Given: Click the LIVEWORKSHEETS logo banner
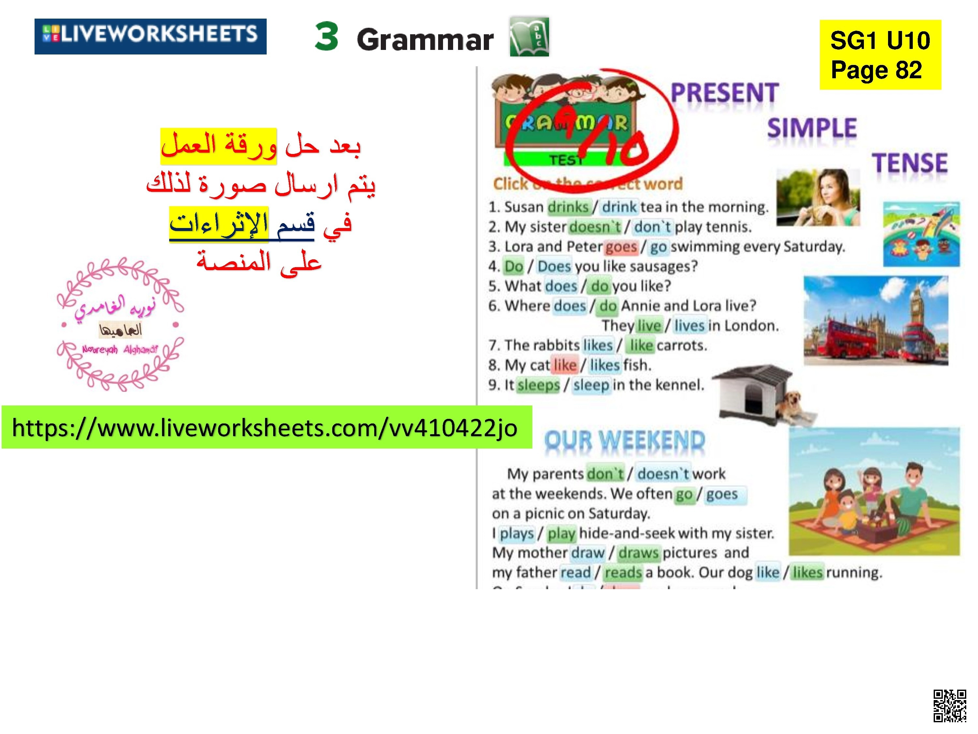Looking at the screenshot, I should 150,36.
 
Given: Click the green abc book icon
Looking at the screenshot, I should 529,37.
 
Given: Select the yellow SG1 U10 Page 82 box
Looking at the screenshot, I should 880,55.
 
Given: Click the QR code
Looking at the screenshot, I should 949,705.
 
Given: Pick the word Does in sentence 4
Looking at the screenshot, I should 554,266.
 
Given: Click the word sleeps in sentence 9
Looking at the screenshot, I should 538,385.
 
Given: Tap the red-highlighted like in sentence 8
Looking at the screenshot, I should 565,365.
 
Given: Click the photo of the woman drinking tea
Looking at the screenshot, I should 818,197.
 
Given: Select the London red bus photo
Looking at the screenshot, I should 875,321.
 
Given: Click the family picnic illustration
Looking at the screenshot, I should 874,491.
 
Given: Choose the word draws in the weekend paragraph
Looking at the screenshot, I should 638,553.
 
